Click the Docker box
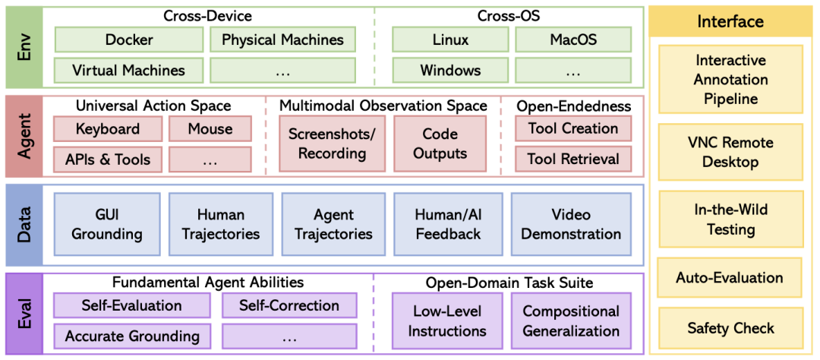[x=129, y=39]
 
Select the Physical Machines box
[x=282, y=39]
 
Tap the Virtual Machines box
[x=129, y=71]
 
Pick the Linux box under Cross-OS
[x=450, y=39]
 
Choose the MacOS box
[x=573, y=39]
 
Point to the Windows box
[x=450, y=71]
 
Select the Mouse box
[x=210, y=128]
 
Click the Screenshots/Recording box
[x=332, y=144]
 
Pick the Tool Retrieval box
[x=573, y=159]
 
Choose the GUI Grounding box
[x=107, y=224]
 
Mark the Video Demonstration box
[x=571, y=224]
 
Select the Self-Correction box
[x=289, y=305]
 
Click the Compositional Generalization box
[x=571, y=321]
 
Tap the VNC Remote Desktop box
[x=730, y=152]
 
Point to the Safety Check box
[x=730, y=328]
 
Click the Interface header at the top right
[x=730, y=21]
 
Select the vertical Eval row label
[x=24, y=314]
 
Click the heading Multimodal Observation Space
[x=383, y=106]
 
